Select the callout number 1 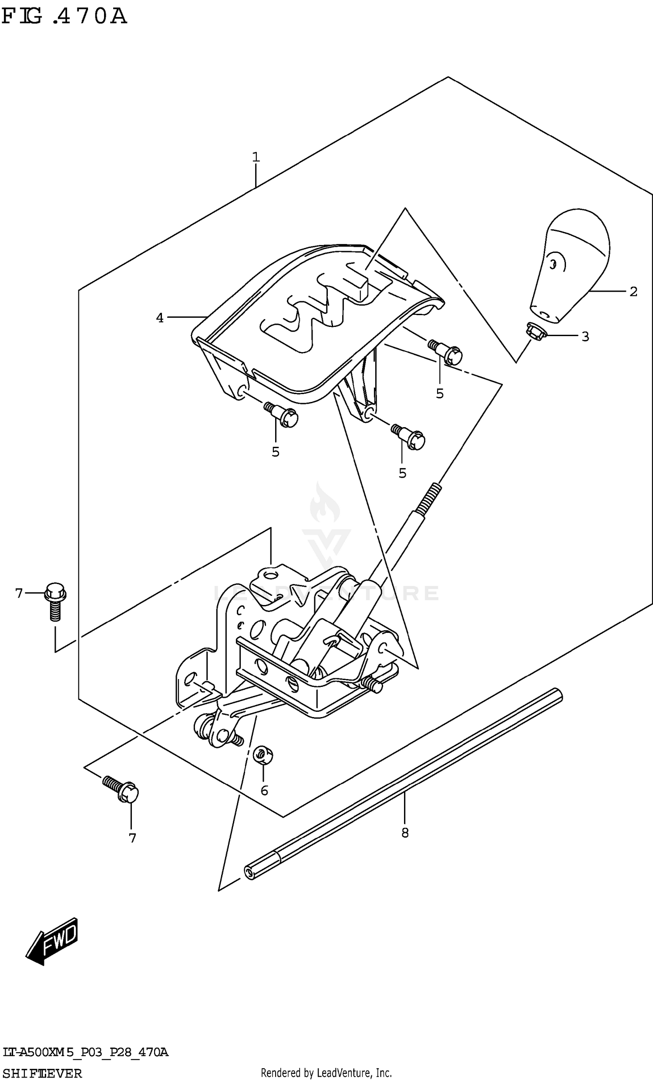(256, 157)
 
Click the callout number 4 (160, 318)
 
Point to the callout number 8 (405, 832)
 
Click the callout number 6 (264, 790)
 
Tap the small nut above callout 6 (263, 755)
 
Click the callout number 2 (633, 291)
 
